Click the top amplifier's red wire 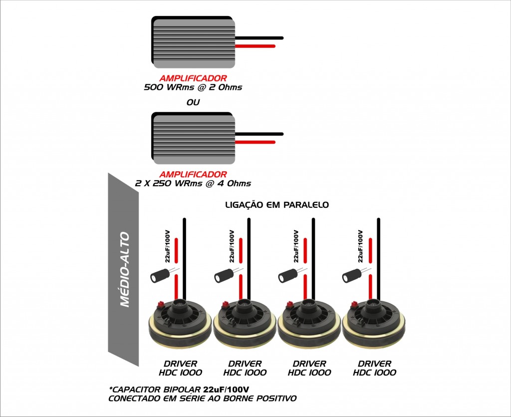point(255,46)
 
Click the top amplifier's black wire point(259,38)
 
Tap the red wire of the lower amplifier point(255,142)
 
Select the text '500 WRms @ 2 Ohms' point(193,87)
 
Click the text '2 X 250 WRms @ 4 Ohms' point(193,183)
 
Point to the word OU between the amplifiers point(193,102)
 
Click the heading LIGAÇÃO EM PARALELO point(277,205)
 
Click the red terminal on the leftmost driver point(160,304)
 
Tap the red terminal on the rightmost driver point(354,304)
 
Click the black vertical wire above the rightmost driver point(378,259)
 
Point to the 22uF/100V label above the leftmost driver point(167,246)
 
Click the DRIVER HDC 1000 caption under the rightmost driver point(375,368)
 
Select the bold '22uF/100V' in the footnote point(226,390)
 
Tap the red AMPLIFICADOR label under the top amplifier point(193,78)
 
